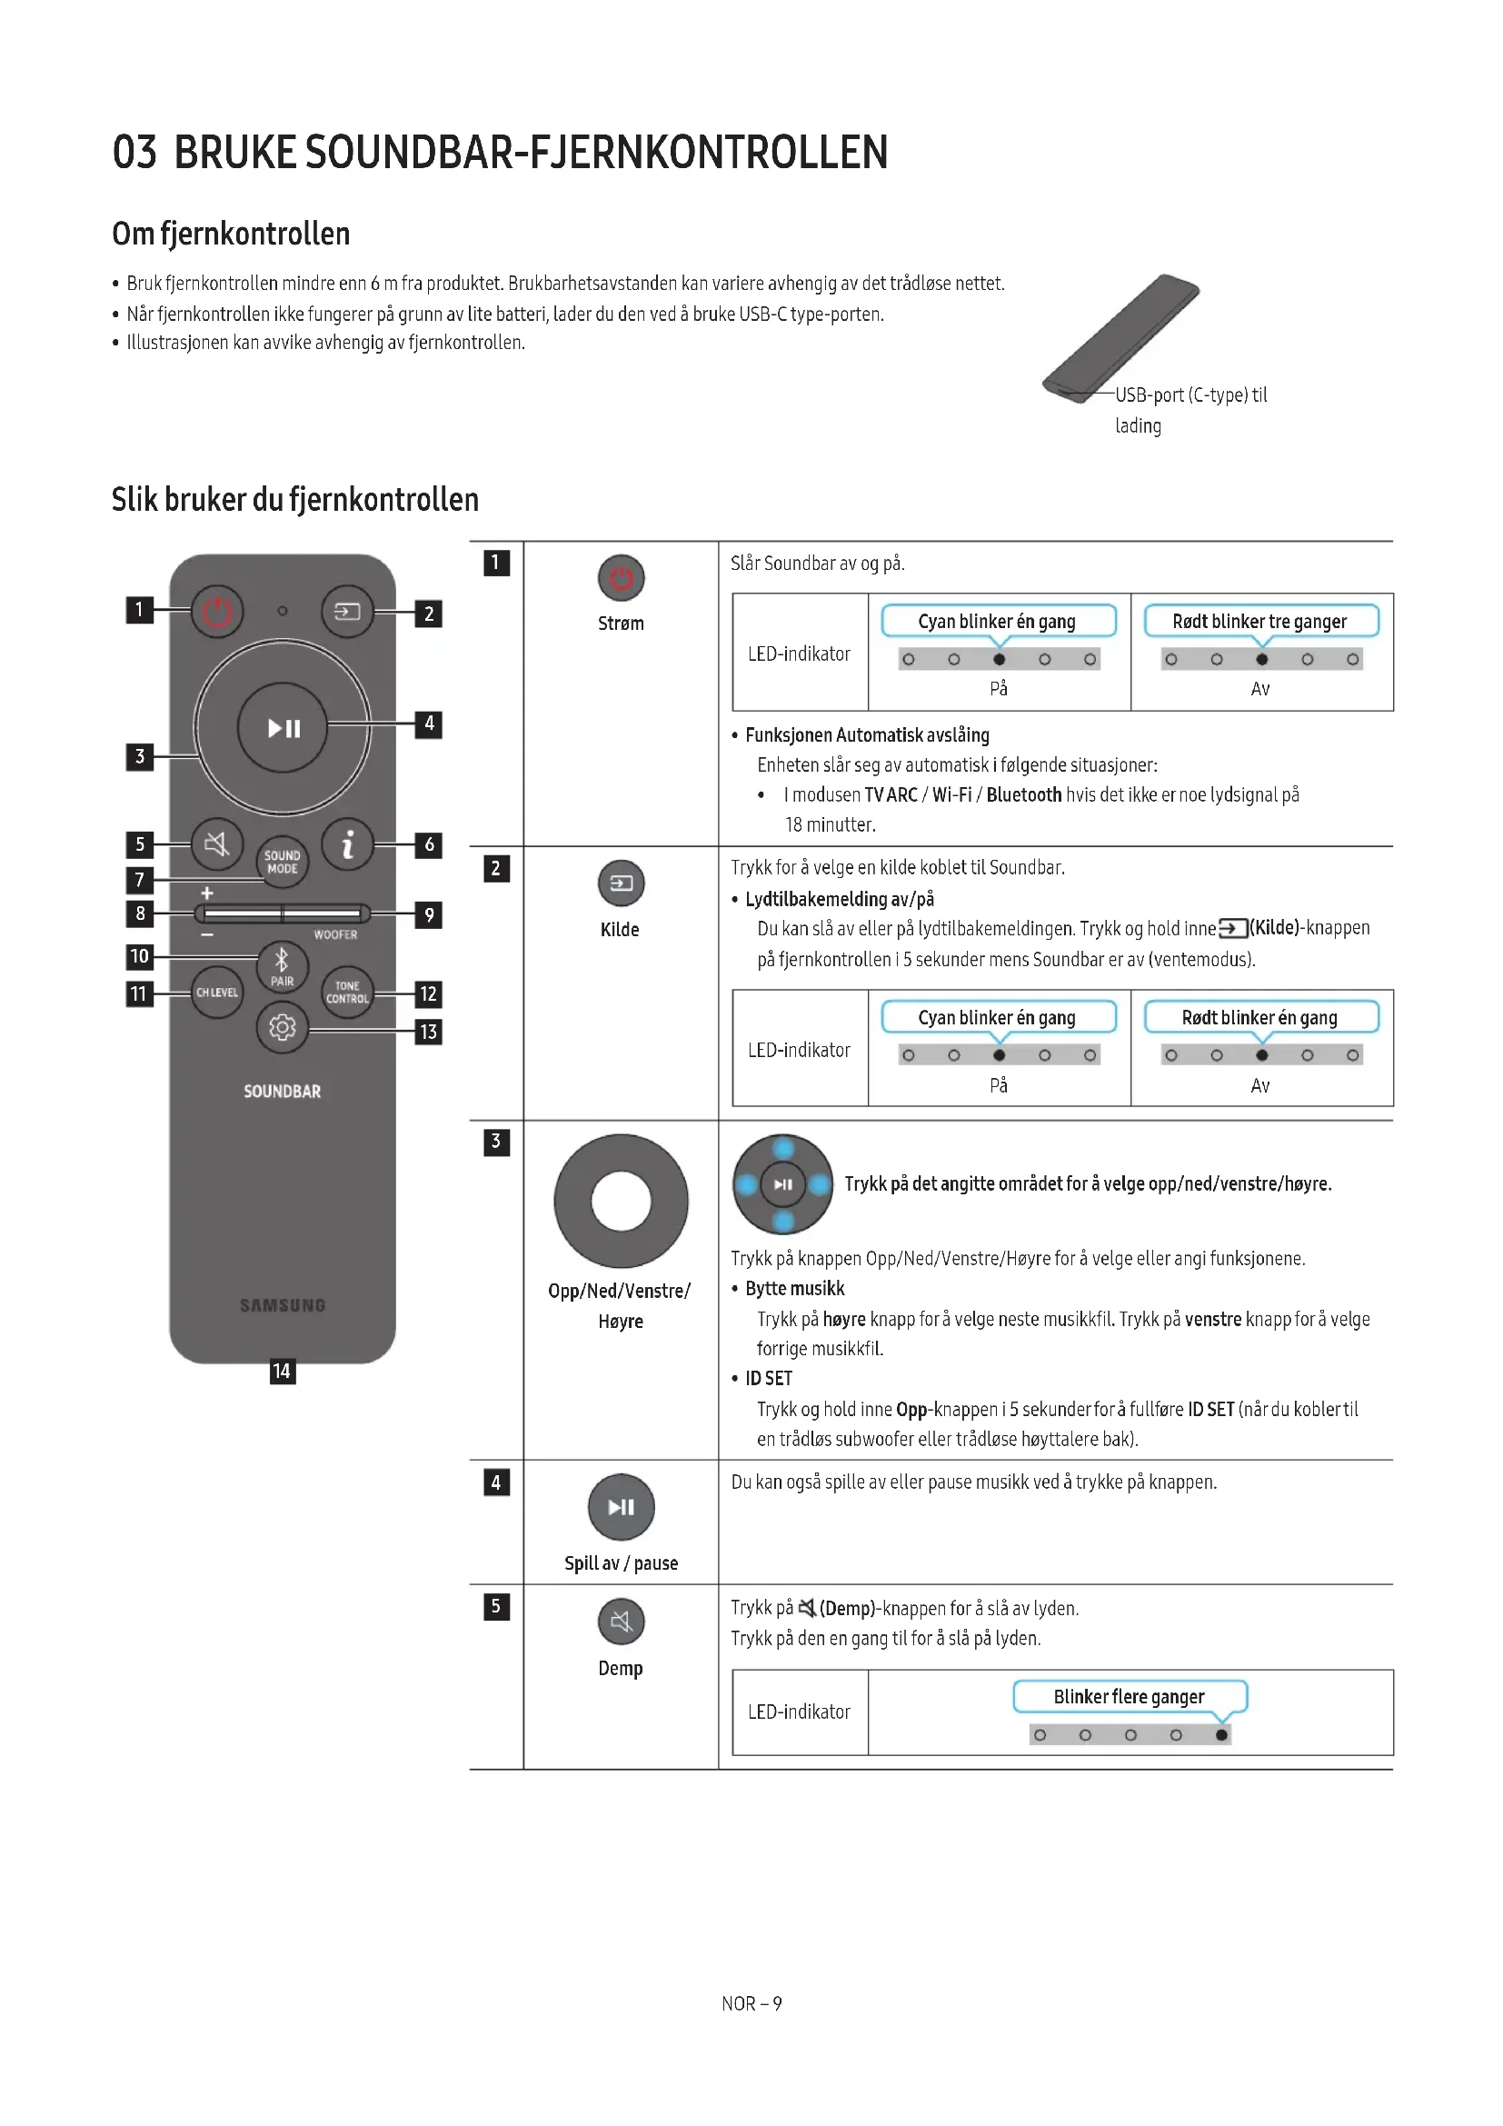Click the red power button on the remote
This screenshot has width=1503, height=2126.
[216, 611]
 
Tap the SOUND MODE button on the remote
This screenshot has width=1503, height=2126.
[283, 862]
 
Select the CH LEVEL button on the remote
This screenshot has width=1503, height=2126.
[216, 993]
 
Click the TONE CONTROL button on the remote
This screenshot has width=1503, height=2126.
[347, 993]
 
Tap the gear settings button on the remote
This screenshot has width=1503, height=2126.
[283, 1028]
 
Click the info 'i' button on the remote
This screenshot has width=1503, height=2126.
[347, 843]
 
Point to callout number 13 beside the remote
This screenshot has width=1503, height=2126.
[428, 1032]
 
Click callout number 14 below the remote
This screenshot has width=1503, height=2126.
[283, 1372]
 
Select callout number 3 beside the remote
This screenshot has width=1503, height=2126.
[140, 756]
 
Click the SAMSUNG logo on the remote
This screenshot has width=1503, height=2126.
[283, 1305]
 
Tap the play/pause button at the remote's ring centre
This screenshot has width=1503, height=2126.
[283, 729]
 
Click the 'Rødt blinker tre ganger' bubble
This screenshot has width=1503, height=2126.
[1259, 622]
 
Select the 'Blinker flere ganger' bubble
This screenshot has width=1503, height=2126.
[1130, 1697]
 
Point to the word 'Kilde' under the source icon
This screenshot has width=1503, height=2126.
[619, 930]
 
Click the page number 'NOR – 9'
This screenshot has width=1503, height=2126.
[751, 2004]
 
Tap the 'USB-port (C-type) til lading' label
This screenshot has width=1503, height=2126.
[1190, 409]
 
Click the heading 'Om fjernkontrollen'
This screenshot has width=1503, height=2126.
[232, 235]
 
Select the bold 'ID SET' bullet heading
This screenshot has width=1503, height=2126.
[768, 1379]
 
